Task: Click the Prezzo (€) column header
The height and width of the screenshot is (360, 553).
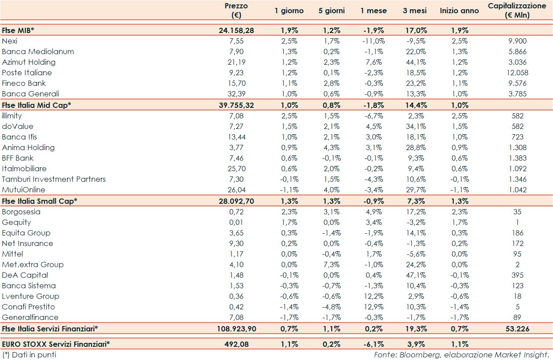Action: point(236,10)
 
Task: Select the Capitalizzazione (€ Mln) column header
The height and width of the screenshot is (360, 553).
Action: point(517,10)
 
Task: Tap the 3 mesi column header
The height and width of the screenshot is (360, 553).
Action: point(415,11)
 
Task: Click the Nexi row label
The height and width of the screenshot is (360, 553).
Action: point(9,41)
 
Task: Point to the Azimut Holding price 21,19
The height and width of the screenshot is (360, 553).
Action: point(236,62)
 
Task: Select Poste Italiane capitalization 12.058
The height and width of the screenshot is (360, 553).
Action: point(517,73)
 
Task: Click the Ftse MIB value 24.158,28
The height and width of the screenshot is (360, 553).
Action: point(236,30)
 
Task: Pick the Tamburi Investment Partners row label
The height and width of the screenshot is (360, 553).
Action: point(54,179)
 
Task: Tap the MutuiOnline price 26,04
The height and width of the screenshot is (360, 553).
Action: point(236,190)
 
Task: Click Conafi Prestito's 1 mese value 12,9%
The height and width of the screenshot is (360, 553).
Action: point(372,307)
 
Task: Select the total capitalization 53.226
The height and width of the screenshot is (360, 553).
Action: point(517,328)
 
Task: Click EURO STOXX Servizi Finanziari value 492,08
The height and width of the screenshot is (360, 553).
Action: point(236,344)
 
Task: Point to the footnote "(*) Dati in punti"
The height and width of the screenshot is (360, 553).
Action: point(29,354)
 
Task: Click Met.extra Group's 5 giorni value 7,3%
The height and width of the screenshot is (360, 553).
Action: point(332,264)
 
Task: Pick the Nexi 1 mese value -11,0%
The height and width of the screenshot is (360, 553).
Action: point(372,41)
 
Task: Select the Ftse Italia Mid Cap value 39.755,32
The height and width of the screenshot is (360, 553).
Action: point(236,105)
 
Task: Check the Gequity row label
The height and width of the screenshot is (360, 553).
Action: point(16,222)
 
